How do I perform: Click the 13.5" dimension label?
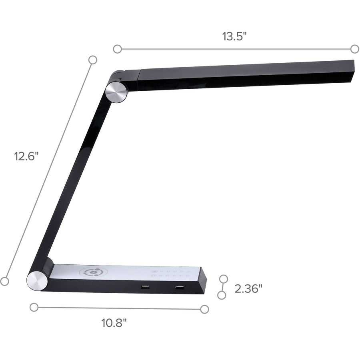[x=234, y=36]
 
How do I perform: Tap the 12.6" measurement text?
[x=26, y=156]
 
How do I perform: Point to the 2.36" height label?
[x=248, y=288]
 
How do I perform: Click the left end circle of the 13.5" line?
[x=117, y=49]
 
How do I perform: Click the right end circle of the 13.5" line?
[x=354, y=49]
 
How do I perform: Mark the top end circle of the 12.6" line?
[x=93, y=60]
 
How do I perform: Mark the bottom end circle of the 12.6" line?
[x=4, y=281]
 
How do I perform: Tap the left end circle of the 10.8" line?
[x=34, y=307]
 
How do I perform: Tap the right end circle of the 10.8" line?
[x=204, y=309]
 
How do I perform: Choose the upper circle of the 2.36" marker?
[x=224, y=278]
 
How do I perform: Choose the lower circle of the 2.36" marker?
[x=221, y=295]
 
